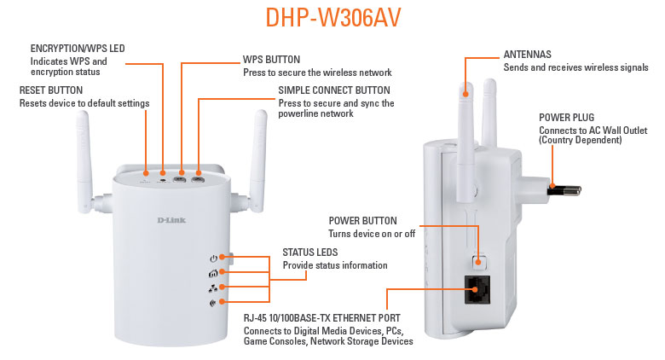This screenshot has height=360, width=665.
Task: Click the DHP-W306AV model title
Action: tap(332, 18)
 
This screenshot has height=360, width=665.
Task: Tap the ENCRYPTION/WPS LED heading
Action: tap(78, 49)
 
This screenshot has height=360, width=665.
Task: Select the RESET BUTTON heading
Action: tap(51, 90)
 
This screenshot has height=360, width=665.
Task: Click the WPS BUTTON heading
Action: tap(271, 60)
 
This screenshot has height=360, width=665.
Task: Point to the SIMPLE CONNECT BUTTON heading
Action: tap(334, 90)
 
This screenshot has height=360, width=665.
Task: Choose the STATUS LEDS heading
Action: tap(310, 253)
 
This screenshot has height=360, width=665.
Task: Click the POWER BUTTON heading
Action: tap(362, 221)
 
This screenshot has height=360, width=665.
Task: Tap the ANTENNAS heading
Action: tap(527, 55)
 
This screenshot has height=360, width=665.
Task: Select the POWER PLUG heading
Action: tap(567, 118)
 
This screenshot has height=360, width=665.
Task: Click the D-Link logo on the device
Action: tap(171, 220)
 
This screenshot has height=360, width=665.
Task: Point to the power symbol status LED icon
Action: tap(213, 258)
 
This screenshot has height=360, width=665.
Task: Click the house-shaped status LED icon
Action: tap(213, 274)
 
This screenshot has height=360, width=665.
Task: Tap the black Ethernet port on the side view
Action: tap(477, 289)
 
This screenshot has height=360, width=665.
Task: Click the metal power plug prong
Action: tap(564, 189)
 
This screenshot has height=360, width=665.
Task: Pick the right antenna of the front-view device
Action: tap(257, 161)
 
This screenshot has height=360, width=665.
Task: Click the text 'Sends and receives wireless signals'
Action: tap(576, 67)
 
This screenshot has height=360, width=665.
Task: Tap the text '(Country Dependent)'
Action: tap(581, 140)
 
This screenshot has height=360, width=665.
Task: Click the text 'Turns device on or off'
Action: tap(372, 234)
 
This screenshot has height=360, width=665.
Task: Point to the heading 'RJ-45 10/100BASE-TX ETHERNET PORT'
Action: tap(322, 318)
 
